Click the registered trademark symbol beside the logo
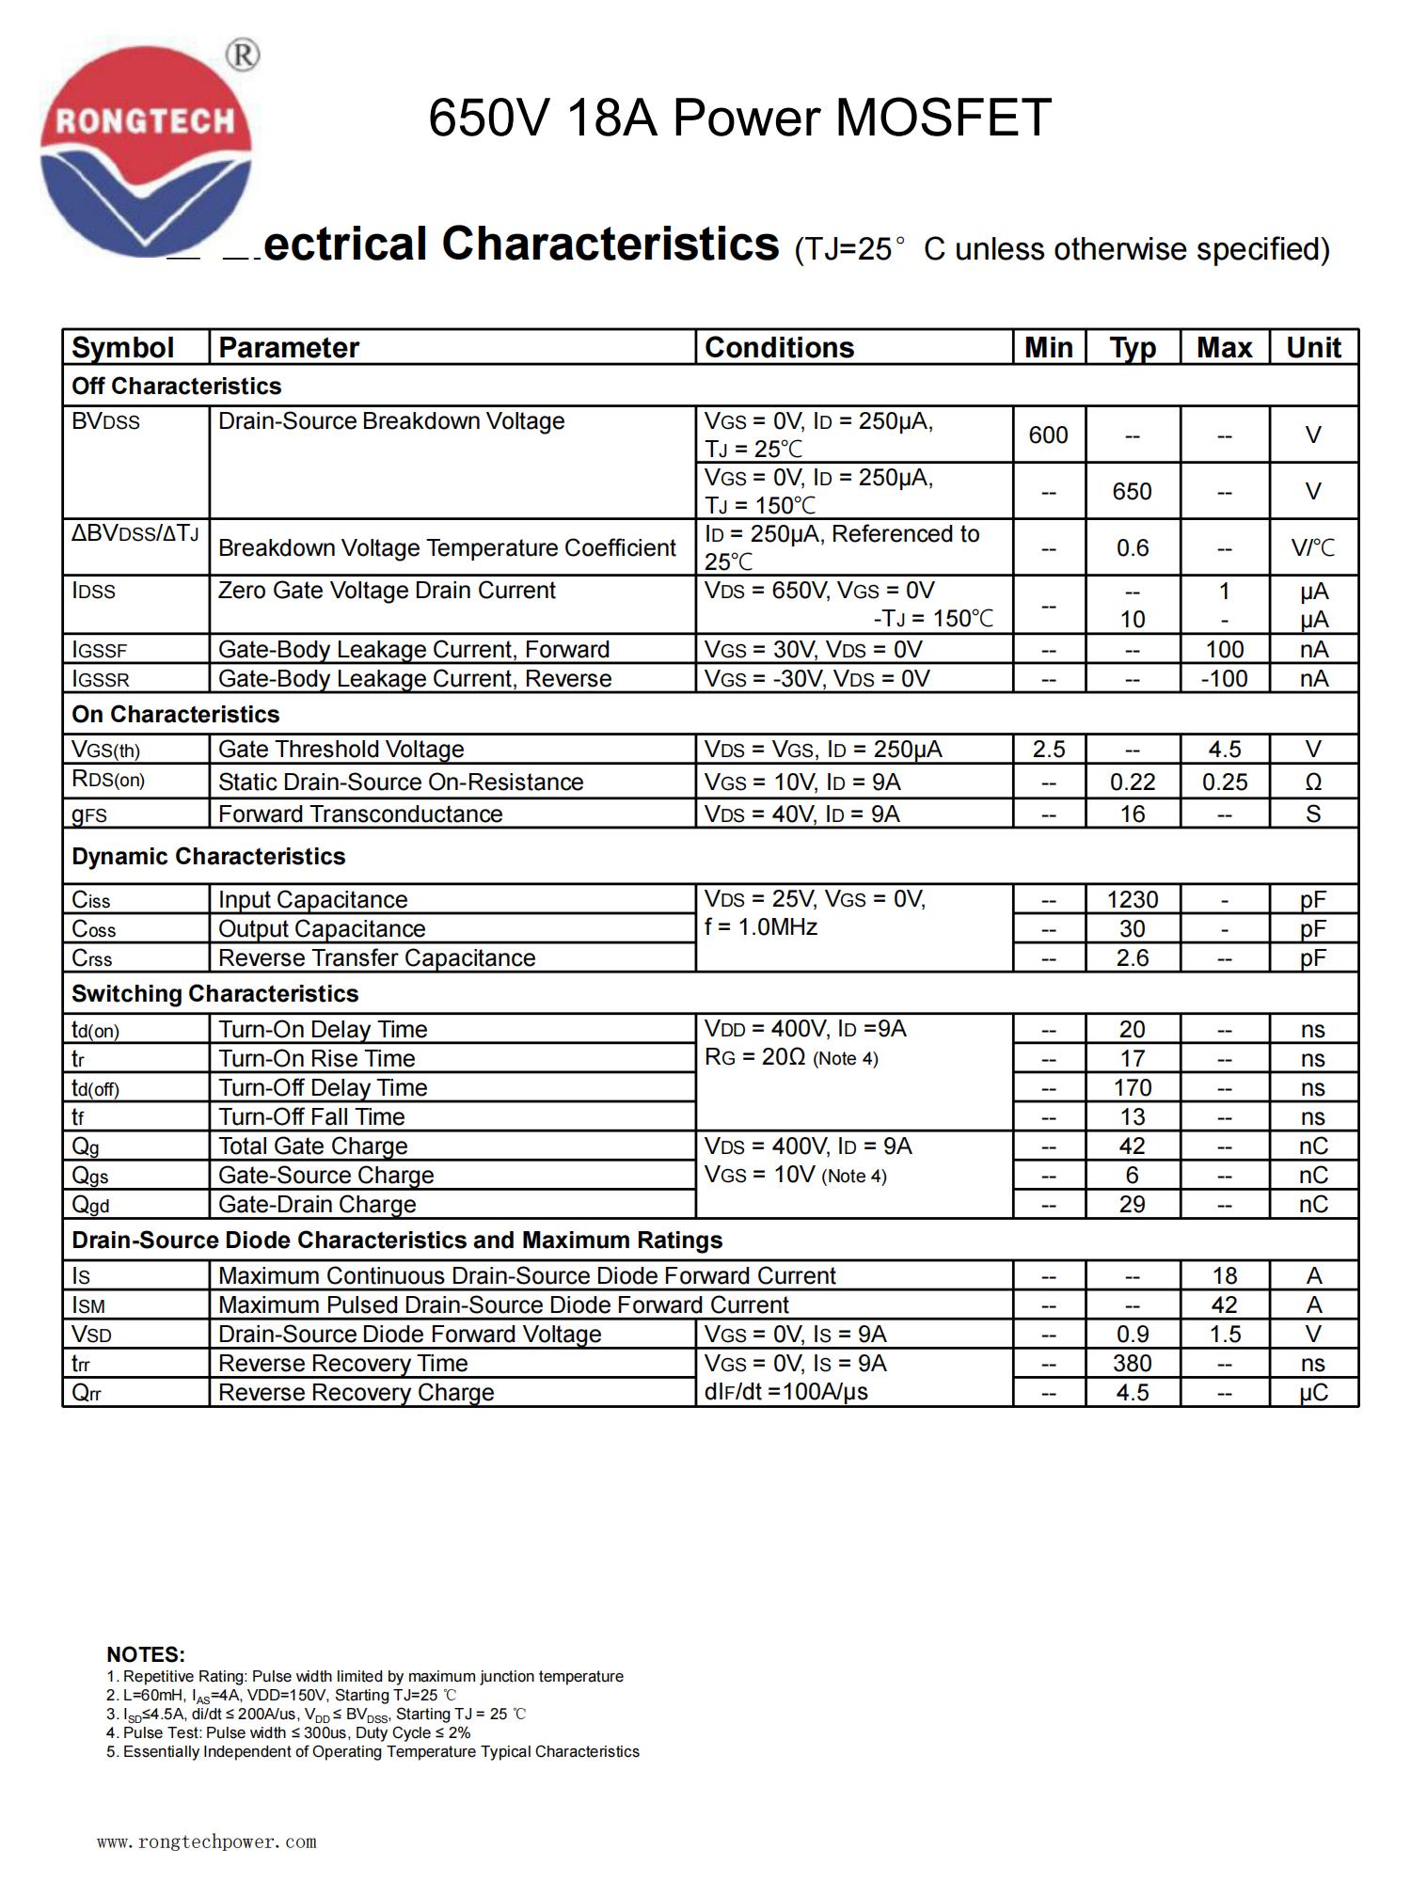point(243,55)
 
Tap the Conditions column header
point(779,348)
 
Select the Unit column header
point(1313,348)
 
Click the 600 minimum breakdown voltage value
point(1048,435)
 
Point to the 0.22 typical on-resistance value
point(1133,782)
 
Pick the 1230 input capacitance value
point(1133,900)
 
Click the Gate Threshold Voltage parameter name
point(341,750)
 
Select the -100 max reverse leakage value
point(1224,679)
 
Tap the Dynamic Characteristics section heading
point(209,857)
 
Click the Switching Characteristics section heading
point(215,994)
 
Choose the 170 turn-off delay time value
point(1133,1088)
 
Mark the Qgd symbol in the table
point(91,1206)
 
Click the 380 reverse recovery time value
point(1133,1364)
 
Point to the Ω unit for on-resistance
point(1313,782)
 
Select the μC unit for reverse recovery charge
point(1313,1393)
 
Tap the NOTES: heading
point(146,1654)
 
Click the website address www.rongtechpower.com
point(207,1841)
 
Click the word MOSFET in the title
point(943,118)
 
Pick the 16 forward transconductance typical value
point(1133,814)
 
